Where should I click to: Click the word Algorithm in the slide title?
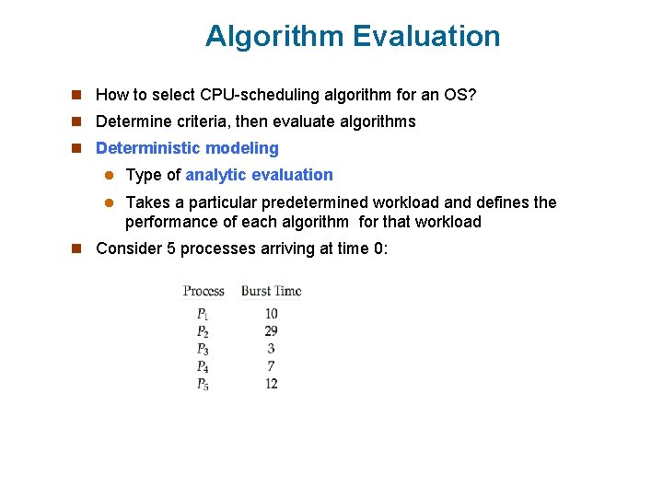click(273, 37)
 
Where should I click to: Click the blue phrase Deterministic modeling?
click(187, 148)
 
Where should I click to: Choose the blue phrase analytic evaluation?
click(260, 175)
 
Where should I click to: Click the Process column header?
click(204, 291)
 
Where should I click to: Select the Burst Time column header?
click(271, 291)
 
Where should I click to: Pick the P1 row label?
click(203, 314)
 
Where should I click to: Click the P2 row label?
click(203, 331)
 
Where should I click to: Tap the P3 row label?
click(203, 349)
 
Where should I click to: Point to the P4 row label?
click(203, 366)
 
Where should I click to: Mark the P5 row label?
click(203, 384)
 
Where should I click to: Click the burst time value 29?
click(271, 331)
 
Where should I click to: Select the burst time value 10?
click(271, 314)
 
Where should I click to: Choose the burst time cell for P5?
click(271, 384)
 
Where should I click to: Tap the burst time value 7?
click(271, 366)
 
